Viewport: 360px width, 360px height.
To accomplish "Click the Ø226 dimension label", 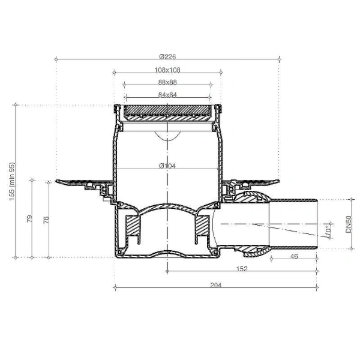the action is [167, 56].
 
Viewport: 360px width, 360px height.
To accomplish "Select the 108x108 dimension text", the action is [167, 70].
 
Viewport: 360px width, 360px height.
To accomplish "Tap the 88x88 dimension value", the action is [167, 82].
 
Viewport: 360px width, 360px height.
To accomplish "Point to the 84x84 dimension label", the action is [167, 95].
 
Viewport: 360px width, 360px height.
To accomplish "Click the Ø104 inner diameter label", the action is [167, 166].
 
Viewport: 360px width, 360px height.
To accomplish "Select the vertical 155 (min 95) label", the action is [12, 181].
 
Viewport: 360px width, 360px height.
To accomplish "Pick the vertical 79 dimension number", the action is [29, 218].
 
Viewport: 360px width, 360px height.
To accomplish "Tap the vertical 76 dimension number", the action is [46, 220].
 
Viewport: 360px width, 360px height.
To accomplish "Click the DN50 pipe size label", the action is [348, 224].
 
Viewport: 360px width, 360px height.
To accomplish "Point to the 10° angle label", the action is [328, 230].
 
